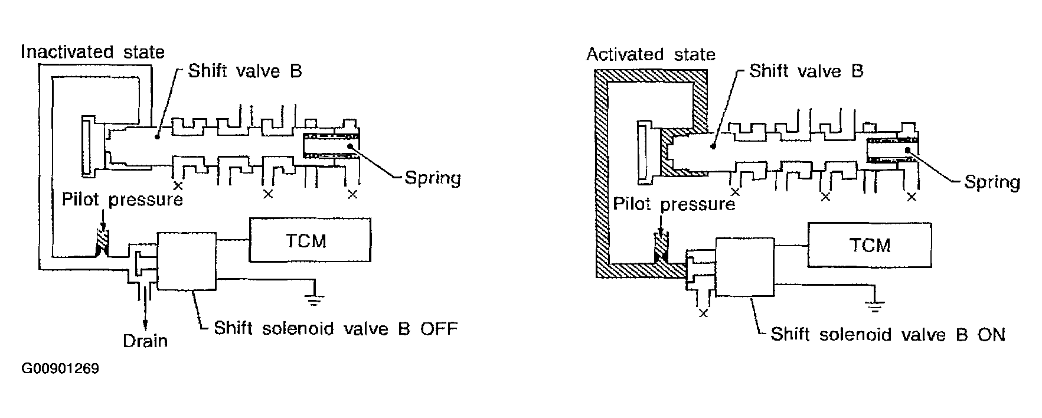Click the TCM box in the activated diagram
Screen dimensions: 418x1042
[x=870, y=244]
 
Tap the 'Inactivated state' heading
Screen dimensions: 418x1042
[x=93, y=52]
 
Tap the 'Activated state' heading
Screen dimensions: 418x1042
[x=650, y=55]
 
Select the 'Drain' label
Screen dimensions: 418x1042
[x=145, y=341]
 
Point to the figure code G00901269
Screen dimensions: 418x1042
[x=60, y=369]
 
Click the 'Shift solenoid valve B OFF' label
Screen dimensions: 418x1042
[x=335, y=328]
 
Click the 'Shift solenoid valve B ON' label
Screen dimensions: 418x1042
[x=887, y=335]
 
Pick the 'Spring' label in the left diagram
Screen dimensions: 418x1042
[x=432, y=177]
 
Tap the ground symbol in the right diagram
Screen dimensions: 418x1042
[x=876, y=306]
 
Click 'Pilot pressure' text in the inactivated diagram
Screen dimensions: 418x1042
[x=122, y=199]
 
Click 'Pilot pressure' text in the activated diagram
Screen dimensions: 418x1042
[x=674, y=204]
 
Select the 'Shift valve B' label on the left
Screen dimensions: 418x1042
[x=245, y=71]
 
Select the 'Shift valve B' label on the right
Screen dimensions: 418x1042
[x=806, y=71]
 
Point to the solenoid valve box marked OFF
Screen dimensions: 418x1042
[x=187, y=260]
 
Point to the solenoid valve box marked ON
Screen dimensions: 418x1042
[x=744, y=267]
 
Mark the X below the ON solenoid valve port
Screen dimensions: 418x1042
[x=703, y=313]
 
